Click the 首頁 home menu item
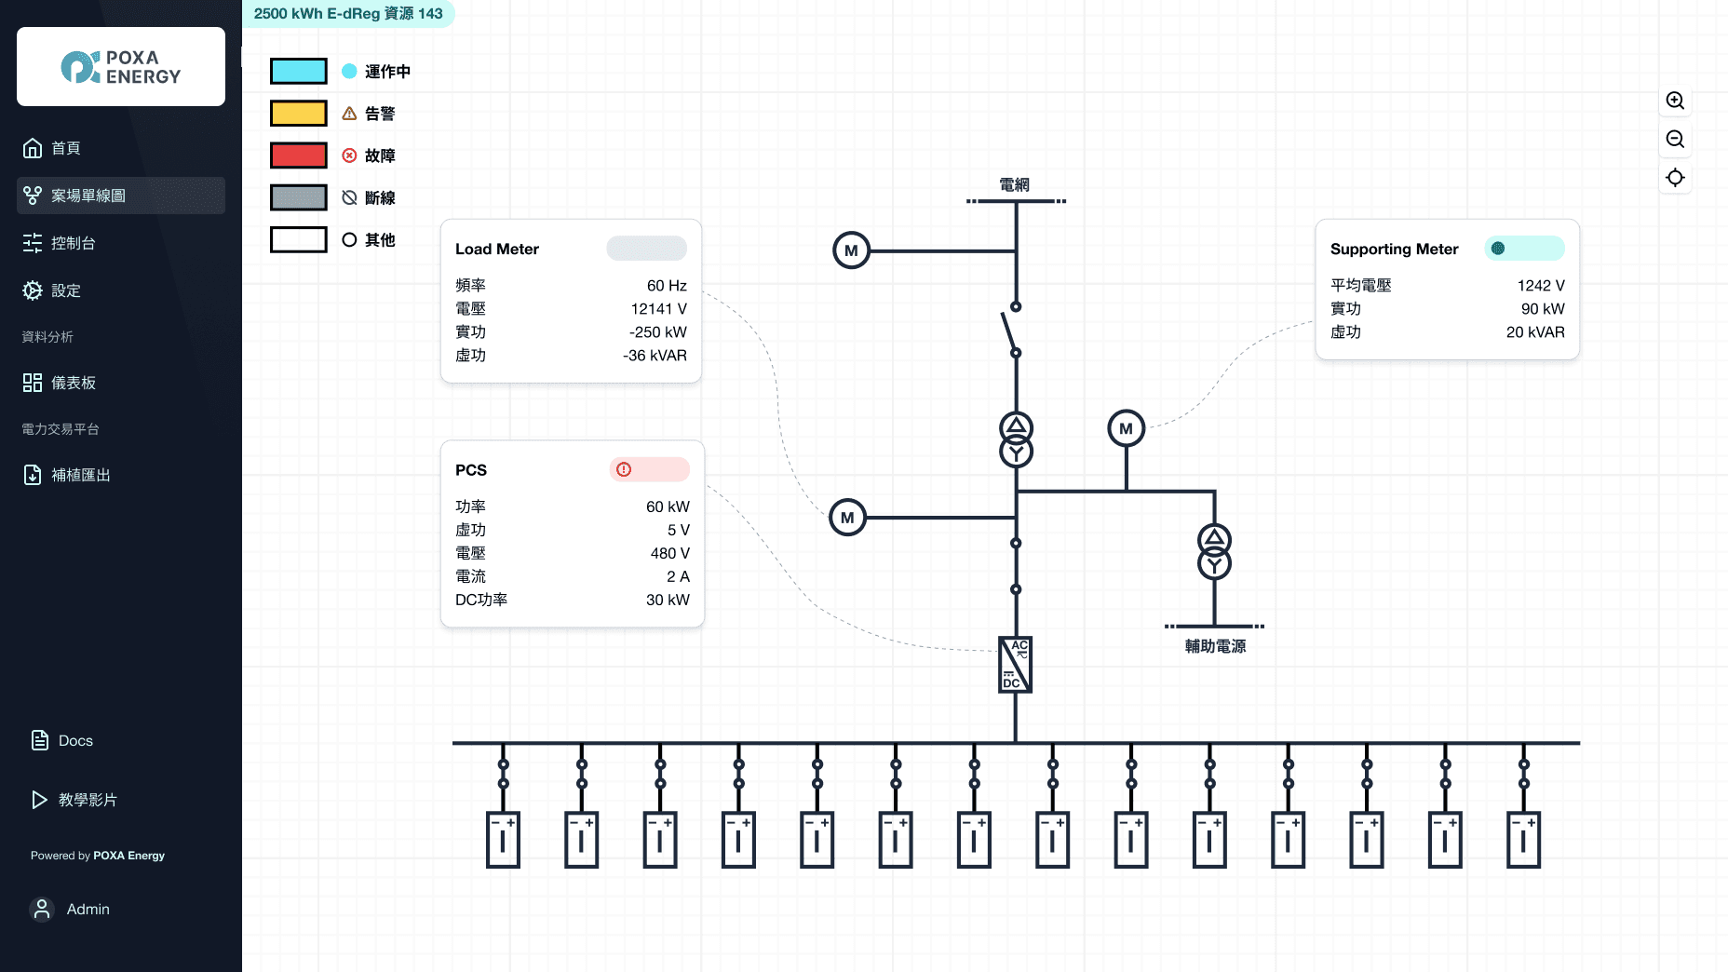pyautogui.click(x=65, y=148)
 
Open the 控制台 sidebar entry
pyautogui.click(x=73, y=243)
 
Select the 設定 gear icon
pyautogui.click(x=33, y=290)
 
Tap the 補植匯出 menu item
pyautogui.click(x=80, y=475)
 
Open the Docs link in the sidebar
pyautogui.click(x=74, y=741)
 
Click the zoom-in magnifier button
pyautogui.click(x=1675, y=101)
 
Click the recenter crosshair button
pyautogui.click(x=1675, y=178)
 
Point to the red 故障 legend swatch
pyautogui.click(x=299, y=155)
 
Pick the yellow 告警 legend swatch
pyautogui.click(x=299, y=114)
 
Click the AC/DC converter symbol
pyautogui.click(x=1015, y=665)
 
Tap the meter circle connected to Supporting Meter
pyautogui.click(x=1126, y=428)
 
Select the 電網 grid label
pyautogui.click(x=1015, y=184)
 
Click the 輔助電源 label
pyautogui.click(x=1215, y=646)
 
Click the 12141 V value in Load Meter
pyautogui.click(x=658, y=309)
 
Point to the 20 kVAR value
pyautogui.click(x=1534, y=332)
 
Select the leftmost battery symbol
pyautogui.click(x=503, y=840)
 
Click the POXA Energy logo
pyautogui.click(x=121, y=67)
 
